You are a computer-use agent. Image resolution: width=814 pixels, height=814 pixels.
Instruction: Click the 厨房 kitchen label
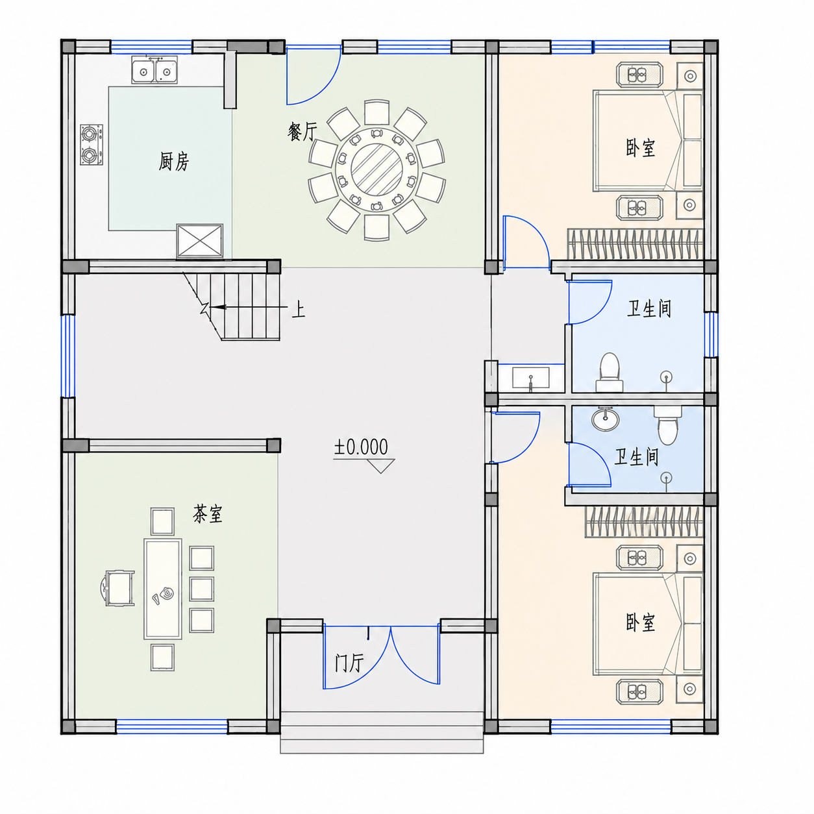click(x=173, y=162)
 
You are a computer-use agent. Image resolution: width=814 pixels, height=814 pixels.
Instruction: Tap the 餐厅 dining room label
click(x=302, y=131)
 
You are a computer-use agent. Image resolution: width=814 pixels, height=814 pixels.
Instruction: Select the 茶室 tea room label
click(x=208, y=514)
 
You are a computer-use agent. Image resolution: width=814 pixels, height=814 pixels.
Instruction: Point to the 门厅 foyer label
click(x=349, y=663)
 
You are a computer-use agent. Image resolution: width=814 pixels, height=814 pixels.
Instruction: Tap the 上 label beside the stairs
click(x=298, y=310)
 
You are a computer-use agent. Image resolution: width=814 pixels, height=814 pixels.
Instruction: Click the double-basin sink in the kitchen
click(x=154, y=70)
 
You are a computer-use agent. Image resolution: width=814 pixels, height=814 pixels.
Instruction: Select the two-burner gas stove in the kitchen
click(x=92, y=145)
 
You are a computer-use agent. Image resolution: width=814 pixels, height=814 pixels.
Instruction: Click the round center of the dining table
click(x=376, y=170)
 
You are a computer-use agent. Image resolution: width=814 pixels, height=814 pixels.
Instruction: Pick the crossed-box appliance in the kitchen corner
click(x=199, y=241)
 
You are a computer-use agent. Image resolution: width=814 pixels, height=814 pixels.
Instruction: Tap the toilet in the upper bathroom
click(x=610, y=372)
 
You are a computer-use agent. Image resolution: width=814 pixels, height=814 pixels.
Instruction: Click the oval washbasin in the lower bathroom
click(x=606, y=419)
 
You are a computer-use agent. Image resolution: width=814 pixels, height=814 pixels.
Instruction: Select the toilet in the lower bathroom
click(x=667, y=426)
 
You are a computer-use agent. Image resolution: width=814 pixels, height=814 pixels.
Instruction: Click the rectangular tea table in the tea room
click(x=163, y=589)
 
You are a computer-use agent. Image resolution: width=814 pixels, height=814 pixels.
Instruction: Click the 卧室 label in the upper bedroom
click(x=641, y=148)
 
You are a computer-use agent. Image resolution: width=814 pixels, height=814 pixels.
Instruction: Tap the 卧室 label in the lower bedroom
click(x=641, y=623)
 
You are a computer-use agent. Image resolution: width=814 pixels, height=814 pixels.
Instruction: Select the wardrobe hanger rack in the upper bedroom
click(x=635, y=244)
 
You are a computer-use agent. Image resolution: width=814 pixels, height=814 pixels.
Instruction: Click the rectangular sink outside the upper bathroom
click(x=531, y=378)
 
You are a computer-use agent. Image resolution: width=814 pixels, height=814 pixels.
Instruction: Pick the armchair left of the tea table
click(x=118, y=588)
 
